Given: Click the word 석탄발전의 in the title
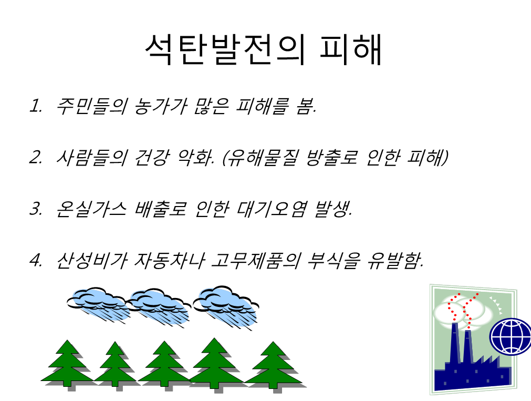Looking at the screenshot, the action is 225,49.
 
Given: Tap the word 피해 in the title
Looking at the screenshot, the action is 351,49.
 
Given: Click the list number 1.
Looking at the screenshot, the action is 35,106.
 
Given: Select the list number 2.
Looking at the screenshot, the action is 36,157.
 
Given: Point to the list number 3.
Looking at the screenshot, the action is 36,209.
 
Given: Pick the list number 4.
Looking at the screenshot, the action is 36,260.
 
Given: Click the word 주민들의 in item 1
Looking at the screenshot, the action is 91,106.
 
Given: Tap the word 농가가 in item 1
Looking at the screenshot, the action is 160,106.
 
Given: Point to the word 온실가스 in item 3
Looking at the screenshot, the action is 91,209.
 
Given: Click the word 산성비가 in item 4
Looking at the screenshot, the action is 92,261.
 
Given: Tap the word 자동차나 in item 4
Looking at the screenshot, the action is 169,261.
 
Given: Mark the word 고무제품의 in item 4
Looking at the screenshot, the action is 256,261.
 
